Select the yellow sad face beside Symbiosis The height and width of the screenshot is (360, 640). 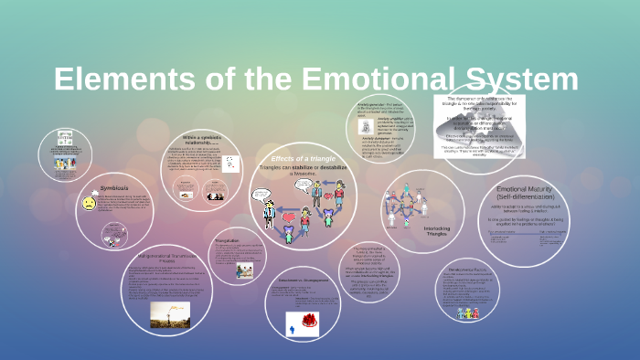point(89,203)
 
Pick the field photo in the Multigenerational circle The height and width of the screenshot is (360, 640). point(169,313)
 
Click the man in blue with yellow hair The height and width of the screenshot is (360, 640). point(269,213)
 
